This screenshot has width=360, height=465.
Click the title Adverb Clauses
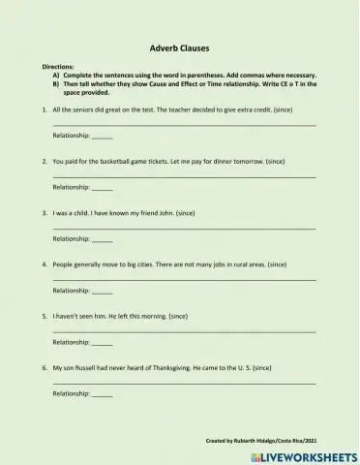(180, 46)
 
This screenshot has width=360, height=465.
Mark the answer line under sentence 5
(184, 332)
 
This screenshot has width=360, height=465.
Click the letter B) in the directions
(57, 82)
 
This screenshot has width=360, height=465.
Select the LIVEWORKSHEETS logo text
(308, 454)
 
